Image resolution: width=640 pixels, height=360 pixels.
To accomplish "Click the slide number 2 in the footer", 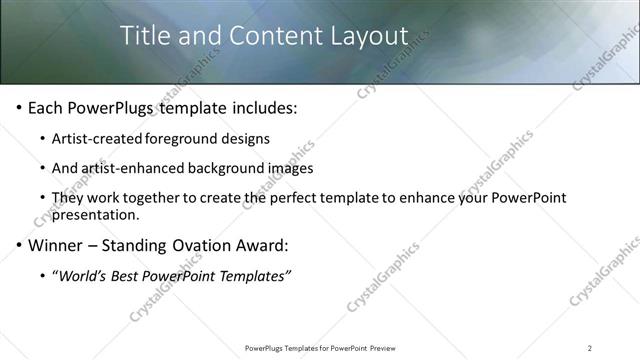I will point(589,348).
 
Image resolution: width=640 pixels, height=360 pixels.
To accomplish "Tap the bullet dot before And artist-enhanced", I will point(43,169).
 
